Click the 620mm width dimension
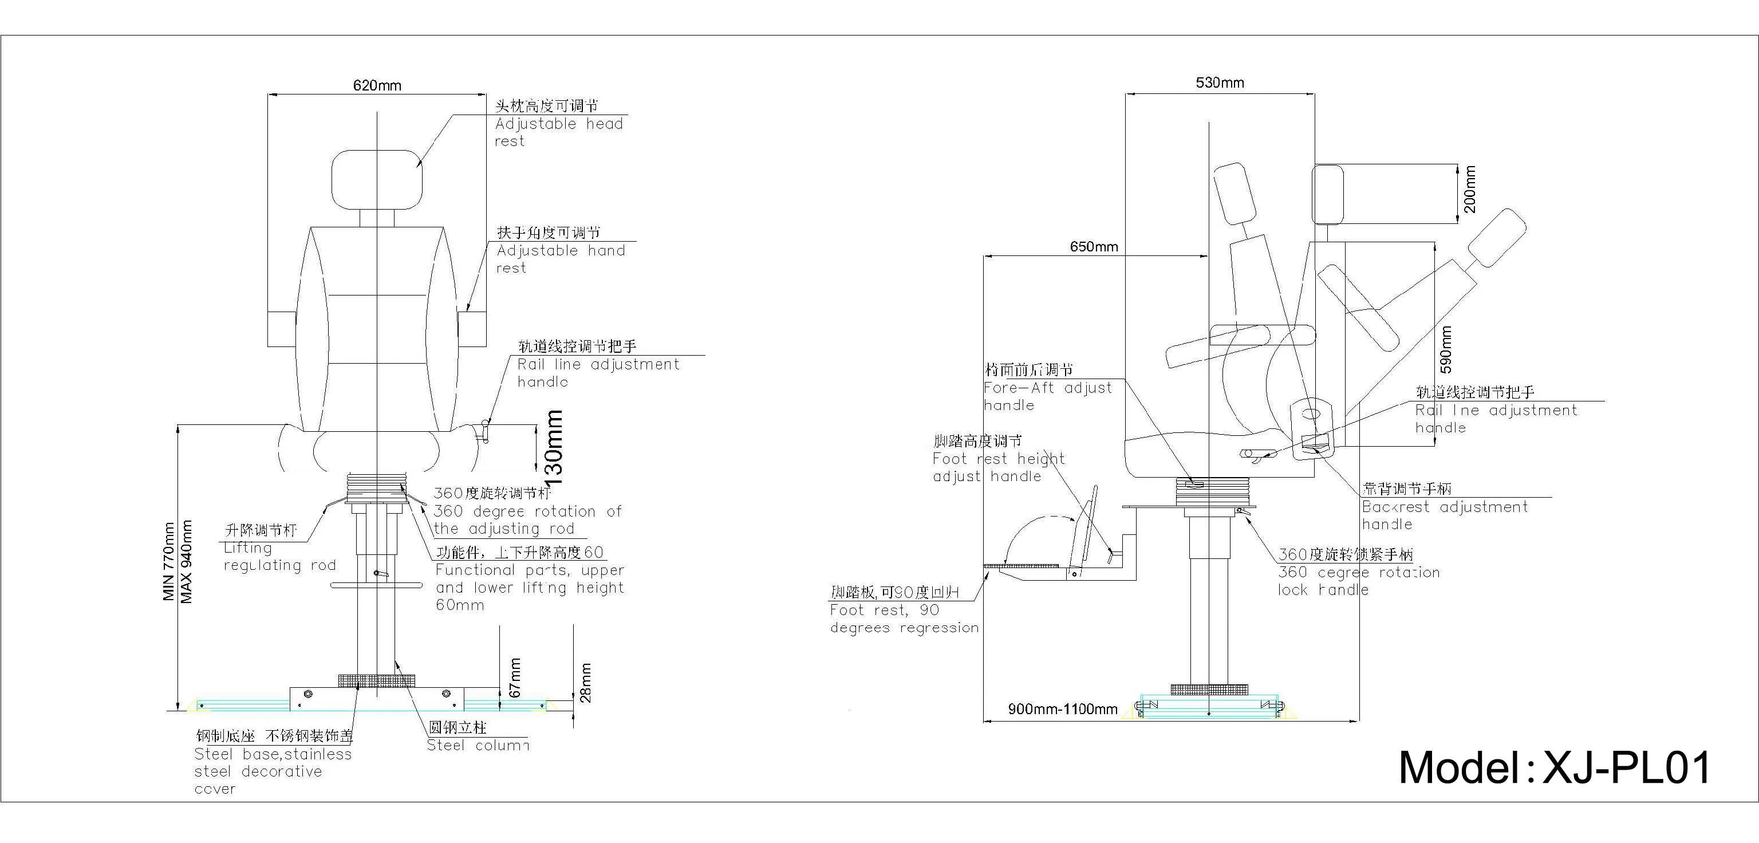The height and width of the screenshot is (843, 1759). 377,85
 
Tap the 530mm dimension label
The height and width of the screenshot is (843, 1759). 1220,82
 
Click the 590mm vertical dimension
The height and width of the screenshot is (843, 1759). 1446,350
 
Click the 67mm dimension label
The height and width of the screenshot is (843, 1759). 515,677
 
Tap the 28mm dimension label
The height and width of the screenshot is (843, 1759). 585,683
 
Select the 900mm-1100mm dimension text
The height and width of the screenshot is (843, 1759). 1063,709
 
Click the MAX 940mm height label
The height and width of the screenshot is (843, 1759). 186,562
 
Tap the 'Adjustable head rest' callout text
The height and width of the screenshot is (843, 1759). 559,132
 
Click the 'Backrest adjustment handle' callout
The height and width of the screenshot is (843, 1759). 1444,515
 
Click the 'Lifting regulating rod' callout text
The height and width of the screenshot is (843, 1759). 279,556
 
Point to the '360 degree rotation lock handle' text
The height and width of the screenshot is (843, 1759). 1358,581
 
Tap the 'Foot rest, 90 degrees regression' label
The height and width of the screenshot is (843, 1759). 904,619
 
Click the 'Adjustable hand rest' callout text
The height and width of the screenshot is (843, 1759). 560,259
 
